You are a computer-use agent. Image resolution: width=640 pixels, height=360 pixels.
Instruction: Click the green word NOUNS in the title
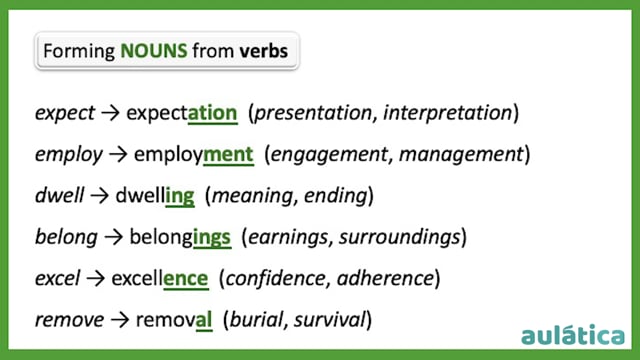click(x=154, y=51)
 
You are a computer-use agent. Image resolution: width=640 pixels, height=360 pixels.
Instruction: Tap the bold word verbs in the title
click(x=264, y=51)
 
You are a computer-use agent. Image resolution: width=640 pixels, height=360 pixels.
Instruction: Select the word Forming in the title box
click(x=79, y=52)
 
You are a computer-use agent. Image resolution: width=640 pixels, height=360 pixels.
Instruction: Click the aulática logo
click(x=573, y=336)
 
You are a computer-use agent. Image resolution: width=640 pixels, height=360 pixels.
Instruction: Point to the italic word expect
click(x=65, y=113)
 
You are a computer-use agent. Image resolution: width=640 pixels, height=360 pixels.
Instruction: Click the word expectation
click(x=182, y=113)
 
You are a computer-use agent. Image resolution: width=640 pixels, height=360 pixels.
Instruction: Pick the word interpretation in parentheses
click(x=447, y=113)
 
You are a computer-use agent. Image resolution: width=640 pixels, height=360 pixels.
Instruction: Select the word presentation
click(x=313, y=113)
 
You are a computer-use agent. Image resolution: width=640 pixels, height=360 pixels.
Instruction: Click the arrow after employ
click(x=118, y=155)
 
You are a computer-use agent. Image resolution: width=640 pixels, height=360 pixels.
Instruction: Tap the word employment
click(x=194, y=155)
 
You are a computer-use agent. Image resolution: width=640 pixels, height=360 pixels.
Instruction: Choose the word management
click(x=461, y=155)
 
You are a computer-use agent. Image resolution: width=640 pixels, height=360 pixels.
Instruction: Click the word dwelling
click(x=155, y=196)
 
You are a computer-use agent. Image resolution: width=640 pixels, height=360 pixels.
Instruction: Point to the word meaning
click(x=253, y=196)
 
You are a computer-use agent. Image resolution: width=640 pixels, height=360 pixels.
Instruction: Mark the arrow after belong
click(x=113, y=238)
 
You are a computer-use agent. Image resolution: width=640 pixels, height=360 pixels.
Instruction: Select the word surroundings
click(x=400, y=238)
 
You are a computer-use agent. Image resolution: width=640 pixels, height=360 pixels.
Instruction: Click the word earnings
click(x=288, y=238)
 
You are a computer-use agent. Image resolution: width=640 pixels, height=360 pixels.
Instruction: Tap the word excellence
click(x=160, y=279)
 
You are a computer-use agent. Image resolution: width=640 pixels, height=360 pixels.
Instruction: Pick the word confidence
click(x=276, y=278)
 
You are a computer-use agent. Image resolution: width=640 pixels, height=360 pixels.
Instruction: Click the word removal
click(x=174, y=320)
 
